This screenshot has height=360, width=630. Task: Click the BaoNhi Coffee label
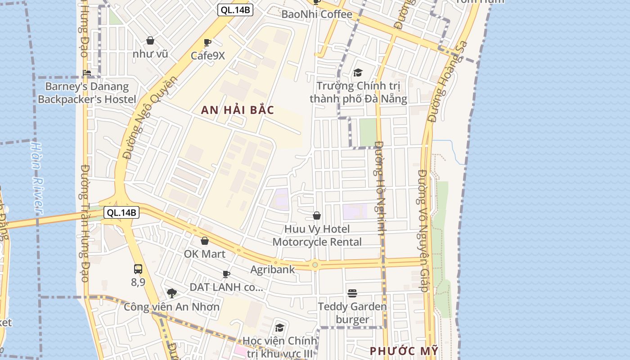pos(316,14)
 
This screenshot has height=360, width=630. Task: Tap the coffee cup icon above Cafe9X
pos(207,43)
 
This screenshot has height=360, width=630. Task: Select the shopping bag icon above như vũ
pos(150,41)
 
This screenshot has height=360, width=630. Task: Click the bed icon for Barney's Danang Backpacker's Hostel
pos(87,73)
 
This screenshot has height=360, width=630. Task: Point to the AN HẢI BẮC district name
pos(238,110)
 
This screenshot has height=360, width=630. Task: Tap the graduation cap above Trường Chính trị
pos(358,72)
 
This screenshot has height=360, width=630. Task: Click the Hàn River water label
pos(37,178)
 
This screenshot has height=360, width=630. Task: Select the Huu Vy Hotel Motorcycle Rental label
pos(317,235)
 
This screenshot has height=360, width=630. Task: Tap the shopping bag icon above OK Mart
pos(205,241)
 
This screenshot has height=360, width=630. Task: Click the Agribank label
pos(273,270)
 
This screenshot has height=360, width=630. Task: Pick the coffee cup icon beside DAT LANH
pos(226,274)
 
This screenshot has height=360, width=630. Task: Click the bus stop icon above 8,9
pos(138,269)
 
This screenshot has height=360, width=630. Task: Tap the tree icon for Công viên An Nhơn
pos(171,293)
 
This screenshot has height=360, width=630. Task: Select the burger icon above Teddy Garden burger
pos(352,293)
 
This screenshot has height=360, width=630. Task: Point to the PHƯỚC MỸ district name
pos(404,351)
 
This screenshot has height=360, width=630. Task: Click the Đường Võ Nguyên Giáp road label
pos(423,230)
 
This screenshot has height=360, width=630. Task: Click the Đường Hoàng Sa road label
pos(448,82)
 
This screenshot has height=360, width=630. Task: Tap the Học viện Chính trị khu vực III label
pos(279,347)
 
